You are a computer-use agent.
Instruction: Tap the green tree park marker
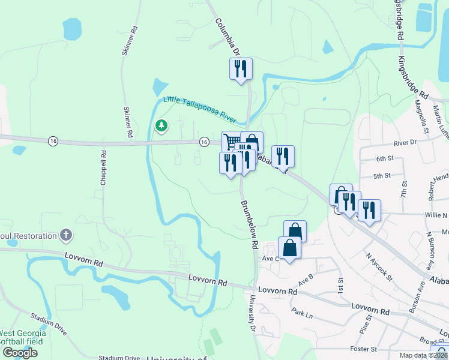pyautogui.click(x=161, y=125)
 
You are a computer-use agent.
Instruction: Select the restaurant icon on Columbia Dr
pyautogui.click(x=241, y=68)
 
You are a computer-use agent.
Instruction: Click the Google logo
pyautogui.click(x=20, y=353)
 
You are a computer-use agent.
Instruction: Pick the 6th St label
pyautogui.click(x=384, y=158)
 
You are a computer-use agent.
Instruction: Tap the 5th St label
pyautogui.click(x=382, y=176)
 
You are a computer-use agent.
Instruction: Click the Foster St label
pyautogui.click(x=364, y=349)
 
